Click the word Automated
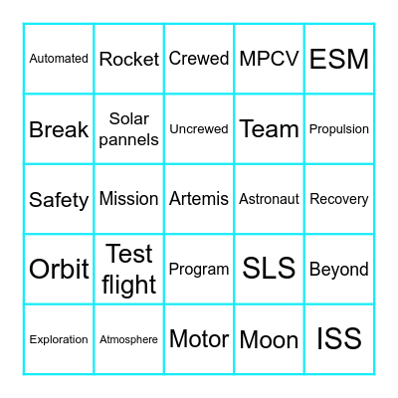point(59,59)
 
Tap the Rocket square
point(129,59)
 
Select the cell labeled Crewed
point(199,59)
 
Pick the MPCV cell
point(269,59)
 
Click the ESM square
point(339,59)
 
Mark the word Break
point(59,129)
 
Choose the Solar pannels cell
point(129,129)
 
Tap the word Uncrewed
point(199,129)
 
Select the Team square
point(269,129)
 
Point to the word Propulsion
point(339,129)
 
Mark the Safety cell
point(59,200)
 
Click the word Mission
point(129,199)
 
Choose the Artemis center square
point(199,199)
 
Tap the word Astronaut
point(269,199)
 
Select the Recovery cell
point(339,199)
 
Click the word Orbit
point(59,270)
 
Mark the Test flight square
point(129,270)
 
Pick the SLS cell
point(269,269)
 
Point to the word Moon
point(269,340)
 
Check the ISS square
point(339,339)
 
